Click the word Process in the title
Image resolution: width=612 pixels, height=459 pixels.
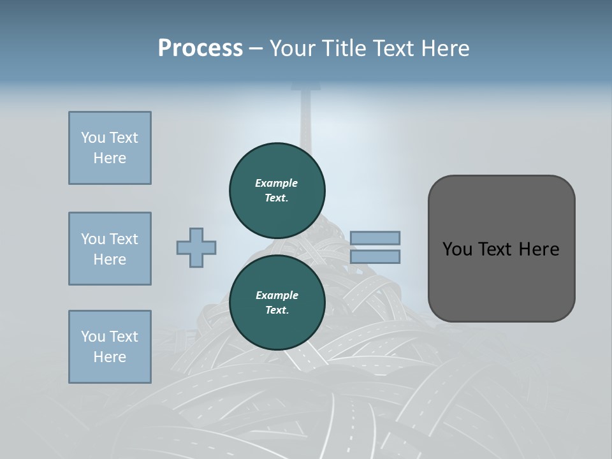click(200, 48)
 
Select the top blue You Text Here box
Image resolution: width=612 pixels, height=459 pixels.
click(110, 148)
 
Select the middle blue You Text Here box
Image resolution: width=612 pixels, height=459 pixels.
click(110, 249)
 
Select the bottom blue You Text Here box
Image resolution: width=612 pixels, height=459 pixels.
click(110, 347)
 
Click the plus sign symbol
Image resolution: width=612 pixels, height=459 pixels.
click(196, 248)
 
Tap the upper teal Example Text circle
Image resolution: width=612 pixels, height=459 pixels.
click(277, 190)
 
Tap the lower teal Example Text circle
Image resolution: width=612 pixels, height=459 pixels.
click(277, 302)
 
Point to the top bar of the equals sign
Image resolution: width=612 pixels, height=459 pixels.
click(375, 238)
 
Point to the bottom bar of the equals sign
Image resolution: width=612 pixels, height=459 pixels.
click(375, 257)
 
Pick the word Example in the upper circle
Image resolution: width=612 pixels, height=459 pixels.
click(277, 183)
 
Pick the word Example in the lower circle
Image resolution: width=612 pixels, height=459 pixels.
click(277, 295)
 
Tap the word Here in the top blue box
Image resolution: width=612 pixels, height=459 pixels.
click(110, 158)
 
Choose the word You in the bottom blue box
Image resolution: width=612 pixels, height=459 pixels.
click(93, 337)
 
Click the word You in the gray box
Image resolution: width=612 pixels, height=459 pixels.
click(457, 249)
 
